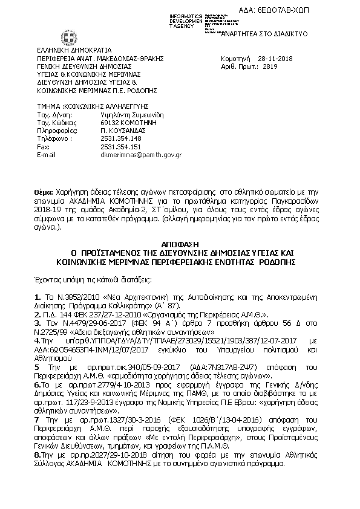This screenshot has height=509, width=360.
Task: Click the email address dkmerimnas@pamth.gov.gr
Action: (141, 155)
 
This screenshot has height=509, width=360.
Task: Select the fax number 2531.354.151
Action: (120, 147)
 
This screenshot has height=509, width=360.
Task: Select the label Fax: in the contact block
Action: (44, 147)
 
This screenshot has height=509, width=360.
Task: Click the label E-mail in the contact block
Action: (47, 155)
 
